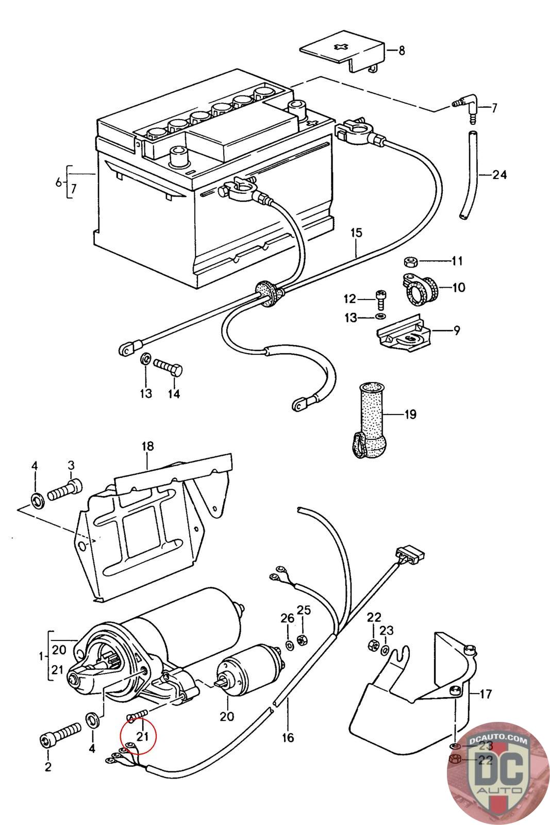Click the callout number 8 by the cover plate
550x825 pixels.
(x=402, y=51)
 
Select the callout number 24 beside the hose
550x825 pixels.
(x=499, y=175)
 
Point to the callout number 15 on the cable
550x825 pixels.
(x=357, y=233)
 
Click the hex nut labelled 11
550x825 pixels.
(x=411, y=261)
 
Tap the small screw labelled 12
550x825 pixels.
(x=380, y=299)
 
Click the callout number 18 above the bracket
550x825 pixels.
(x=148, y=446)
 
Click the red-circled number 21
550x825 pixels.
(x=143, y=736)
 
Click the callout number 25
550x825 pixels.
(x=304, y=610)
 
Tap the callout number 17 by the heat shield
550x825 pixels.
(x=486, y=694)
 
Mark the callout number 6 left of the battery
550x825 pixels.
(x=58, y=182)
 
